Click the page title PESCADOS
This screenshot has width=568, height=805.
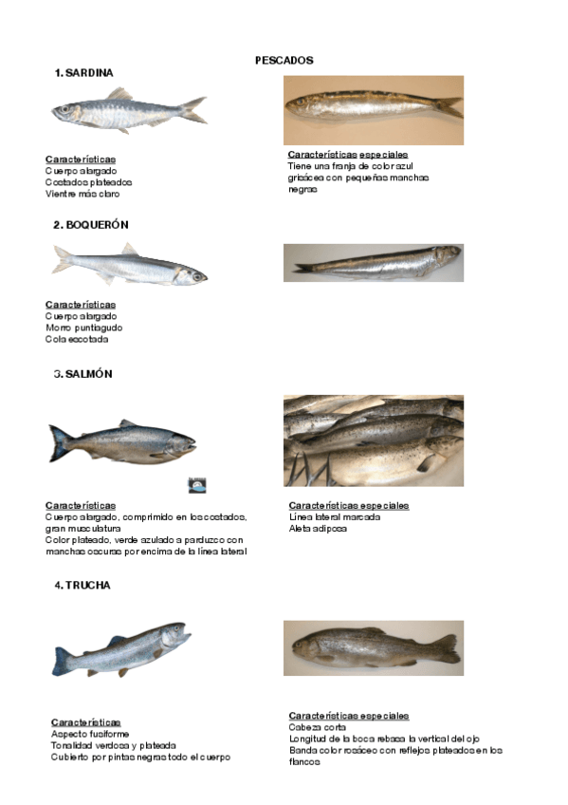point(284,60)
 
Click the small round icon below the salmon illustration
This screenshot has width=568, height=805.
point(196,484)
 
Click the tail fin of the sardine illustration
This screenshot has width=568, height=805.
point(194,109)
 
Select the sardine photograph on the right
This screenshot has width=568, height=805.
point(374,110)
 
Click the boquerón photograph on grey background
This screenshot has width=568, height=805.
point(374,262)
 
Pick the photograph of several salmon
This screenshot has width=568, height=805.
point(374,440)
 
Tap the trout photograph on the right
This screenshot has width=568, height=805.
point(374,648)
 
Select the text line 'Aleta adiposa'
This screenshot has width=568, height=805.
point(318,529)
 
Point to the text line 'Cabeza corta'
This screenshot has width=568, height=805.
point(317,727)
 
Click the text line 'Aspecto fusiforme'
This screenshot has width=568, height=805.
point(89,734)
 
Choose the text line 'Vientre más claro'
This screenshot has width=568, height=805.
point(82,194)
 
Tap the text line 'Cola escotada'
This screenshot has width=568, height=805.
point(77,339)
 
